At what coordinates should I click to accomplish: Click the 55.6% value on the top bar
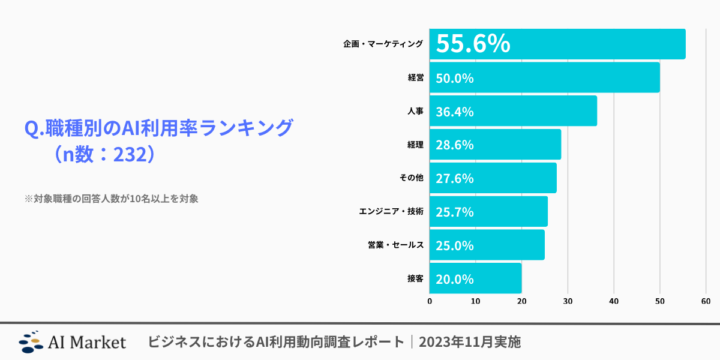pos(474,44)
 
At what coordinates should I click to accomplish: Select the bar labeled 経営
pos(545,77)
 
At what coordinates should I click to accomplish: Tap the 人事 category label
pos(413,111)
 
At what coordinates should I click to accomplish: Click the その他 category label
pos(410,178)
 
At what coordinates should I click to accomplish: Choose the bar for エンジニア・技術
pos(489,211)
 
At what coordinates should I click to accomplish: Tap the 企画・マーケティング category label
pos(383,44)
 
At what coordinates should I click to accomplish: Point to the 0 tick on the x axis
pos(430,301)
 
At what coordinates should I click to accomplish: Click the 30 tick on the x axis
pos(568,301)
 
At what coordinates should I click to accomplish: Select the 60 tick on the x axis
pos(706,301)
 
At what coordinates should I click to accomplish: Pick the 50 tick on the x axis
pos(660,301)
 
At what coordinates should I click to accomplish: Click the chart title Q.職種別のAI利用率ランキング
pos(159,129)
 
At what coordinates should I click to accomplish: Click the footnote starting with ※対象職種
pos(111,198)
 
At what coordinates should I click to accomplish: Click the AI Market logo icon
pos(32,341)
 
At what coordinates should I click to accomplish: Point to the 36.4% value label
pos(455,111)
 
